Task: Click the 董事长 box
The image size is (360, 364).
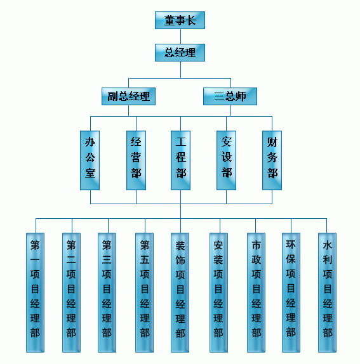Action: coord(180,20)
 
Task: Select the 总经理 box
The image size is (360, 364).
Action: coord(180,53)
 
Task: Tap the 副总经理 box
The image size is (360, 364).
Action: coord(128,96)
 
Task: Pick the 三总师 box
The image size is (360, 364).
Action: coord(230,96)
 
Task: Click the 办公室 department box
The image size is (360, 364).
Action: coord(90,160)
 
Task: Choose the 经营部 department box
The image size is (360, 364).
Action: coord(137,160)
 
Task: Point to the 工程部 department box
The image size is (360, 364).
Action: coord(180,160)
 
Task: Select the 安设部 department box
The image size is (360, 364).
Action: coord(227,160)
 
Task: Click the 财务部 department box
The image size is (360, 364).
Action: coord(272,160)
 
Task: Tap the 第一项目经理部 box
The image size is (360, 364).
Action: coord(35,292)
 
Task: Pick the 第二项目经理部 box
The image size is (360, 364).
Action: coord(71,292)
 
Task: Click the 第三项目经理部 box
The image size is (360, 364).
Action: coord(107,292)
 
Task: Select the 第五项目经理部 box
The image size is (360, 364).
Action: coord(144,292)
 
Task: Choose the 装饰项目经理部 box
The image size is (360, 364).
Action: coord(180,292)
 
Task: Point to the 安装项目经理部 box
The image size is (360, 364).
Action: coord(218,292)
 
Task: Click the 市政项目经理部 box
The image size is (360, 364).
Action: coord(256,292)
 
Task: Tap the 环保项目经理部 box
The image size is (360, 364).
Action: coord(291,292)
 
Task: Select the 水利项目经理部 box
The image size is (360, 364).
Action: coord(327,292)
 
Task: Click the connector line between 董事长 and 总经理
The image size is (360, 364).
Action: coord(180,36)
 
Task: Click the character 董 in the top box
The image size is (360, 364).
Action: coord(170,20)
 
